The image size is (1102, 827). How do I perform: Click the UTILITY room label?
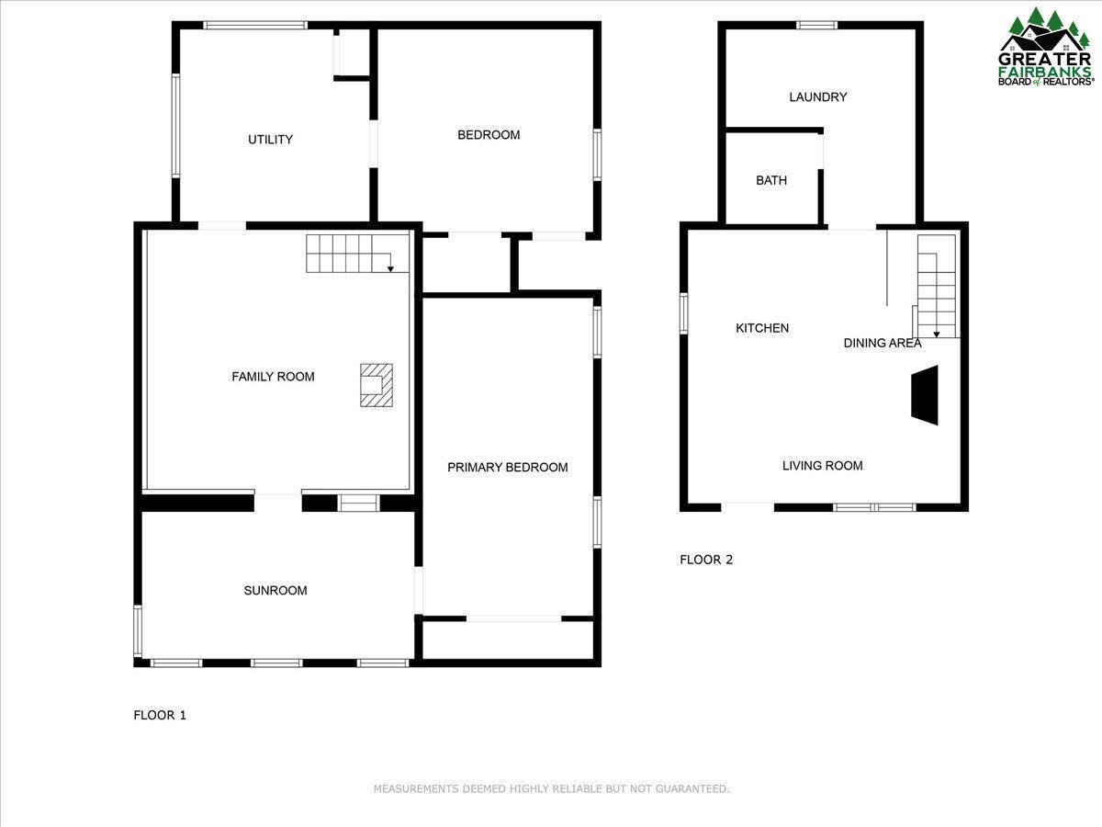[x=270, y=140]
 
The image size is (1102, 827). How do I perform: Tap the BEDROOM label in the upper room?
[x=489, y=135]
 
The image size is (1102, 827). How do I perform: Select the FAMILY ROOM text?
[x=273, y=377]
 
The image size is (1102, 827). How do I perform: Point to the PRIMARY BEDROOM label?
[x=507, y=468]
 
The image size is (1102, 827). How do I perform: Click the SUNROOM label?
[x=275, y=591]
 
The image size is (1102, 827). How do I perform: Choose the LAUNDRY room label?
[x=817, y=97]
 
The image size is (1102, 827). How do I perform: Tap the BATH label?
[x=771, y=181]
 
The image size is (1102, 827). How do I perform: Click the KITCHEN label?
[x=762, y=328]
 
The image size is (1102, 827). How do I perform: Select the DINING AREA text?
[x=882, y=344]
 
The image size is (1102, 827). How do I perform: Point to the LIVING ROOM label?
[x=822, y=466]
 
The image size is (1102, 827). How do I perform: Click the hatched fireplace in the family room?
[x=377, y=384]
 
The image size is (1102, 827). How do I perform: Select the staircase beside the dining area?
[x=937, y=285]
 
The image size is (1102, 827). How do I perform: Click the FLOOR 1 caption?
[x=160, y=715]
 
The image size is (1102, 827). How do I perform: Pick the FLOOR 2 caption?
[x=706, y=560]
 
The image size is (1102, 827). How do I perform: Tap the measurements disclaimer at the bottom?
[x=551, y=788]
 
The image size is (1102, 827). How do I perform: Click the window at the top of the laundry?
[x=816, y=26]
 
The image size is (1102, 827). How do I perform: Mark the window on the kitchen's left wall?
[x=684, y=312]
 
